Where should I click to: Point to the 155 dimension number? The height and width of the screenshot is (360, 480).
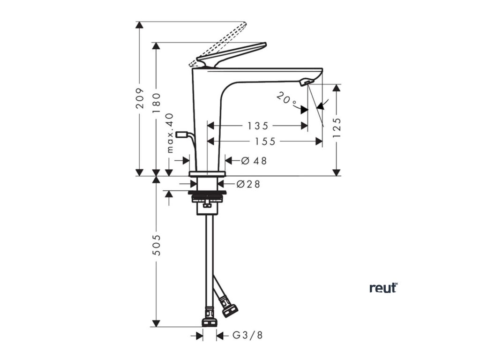click(265, 141)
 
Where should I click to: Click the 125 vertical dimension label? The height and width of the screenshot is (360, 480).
click(336, 127)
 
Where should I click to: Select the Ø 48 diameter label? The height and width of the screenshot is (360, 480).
click(254, 160)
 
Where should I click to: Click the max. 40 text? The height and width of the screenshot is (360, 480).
click(170, 133)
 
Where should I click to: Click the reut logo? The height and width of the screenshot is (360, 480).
click(383, 288)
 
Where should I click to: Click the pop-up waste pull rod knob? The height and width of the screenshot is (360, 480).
click(181, 135)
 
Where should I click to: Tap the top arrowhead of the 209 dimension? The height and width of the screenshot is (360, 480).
click(140, 25)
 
